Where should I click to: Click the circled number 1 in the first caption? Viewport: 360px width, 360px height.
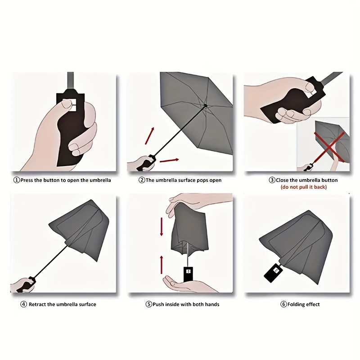[17, 180]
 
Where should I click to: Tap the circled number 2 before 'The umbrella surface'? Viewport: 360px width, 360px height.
[142, 180]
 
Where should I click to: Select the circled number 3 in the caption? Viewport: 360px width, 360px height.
[272, 180]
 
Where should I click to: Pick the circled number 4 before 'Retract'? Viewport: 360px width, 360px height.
[24, 305]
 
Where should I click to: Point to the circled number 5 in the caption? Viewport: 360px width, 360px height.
[149, 305]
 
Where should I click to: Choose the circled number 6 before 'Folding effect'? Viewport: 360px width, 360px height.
[284, 305]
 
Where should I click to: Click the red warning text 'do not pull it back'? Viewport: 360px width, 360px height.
[303, 187]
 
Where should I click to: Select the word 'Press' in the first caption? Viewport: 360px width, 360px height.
[27, 180]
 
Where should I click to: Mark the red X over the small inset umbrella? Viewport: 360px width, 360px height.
[329, 147]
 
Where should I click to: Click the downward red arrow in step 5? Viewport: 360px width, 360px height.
[162, 227]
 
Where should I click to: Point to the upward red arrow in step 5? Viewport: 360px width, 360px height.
[162, 265]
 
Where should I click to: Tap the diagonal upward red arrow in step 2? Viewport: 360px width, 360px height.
[149, 136]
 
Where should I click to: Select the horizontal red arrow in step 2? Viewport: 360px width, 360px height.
[169, 160]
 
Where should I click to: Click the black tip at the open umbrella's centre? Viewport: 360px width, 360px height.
[206, 106]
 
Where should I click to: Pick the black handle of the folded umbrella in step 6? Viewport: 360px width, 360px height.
[273, 273]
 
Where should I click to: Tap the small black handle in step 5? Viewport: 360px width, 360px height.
[188, 274]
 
